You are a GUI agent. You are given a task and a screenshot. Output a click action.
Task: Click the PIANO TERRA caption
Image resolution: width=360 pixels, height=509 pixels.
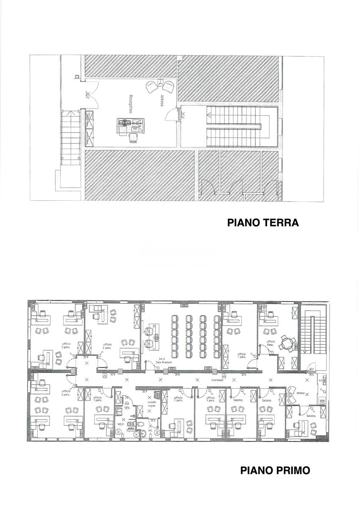click(263, 223)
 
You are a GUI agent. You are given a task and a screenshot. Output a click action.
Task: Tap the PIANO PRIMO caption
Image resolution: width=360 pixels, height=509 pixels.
click(275, 470)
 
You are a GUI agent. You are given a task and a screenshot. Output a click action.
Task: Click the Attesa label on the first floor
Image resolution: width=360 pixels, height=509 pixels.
click(301, 393)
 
